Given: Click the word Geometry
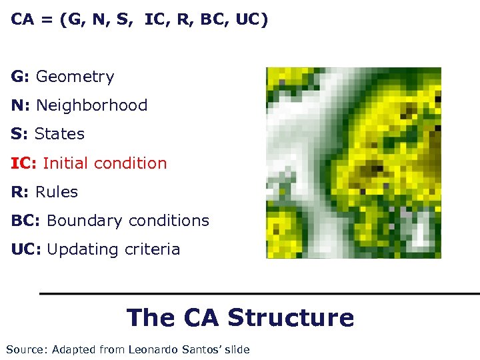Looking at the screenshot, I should pos(75,77).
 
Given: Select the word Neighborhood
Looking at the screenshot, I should pos(91,105).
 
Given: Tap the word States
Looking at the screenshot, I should pos(59,134).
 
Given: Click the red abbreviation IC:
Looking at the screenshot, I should pos(23,163).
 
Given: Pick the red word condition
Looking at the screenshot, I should pos(131,163).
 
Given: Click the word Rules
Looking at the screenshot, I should pos(56,192).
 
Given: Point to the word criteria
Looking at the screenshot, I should pos(151,249).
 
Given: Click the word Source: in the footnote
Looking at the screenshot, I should pos(26,349).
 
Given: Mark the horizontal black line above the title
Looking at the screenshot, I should pos(259,293).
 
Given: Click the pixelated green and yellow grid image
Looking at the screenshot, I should pos(353,163).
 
